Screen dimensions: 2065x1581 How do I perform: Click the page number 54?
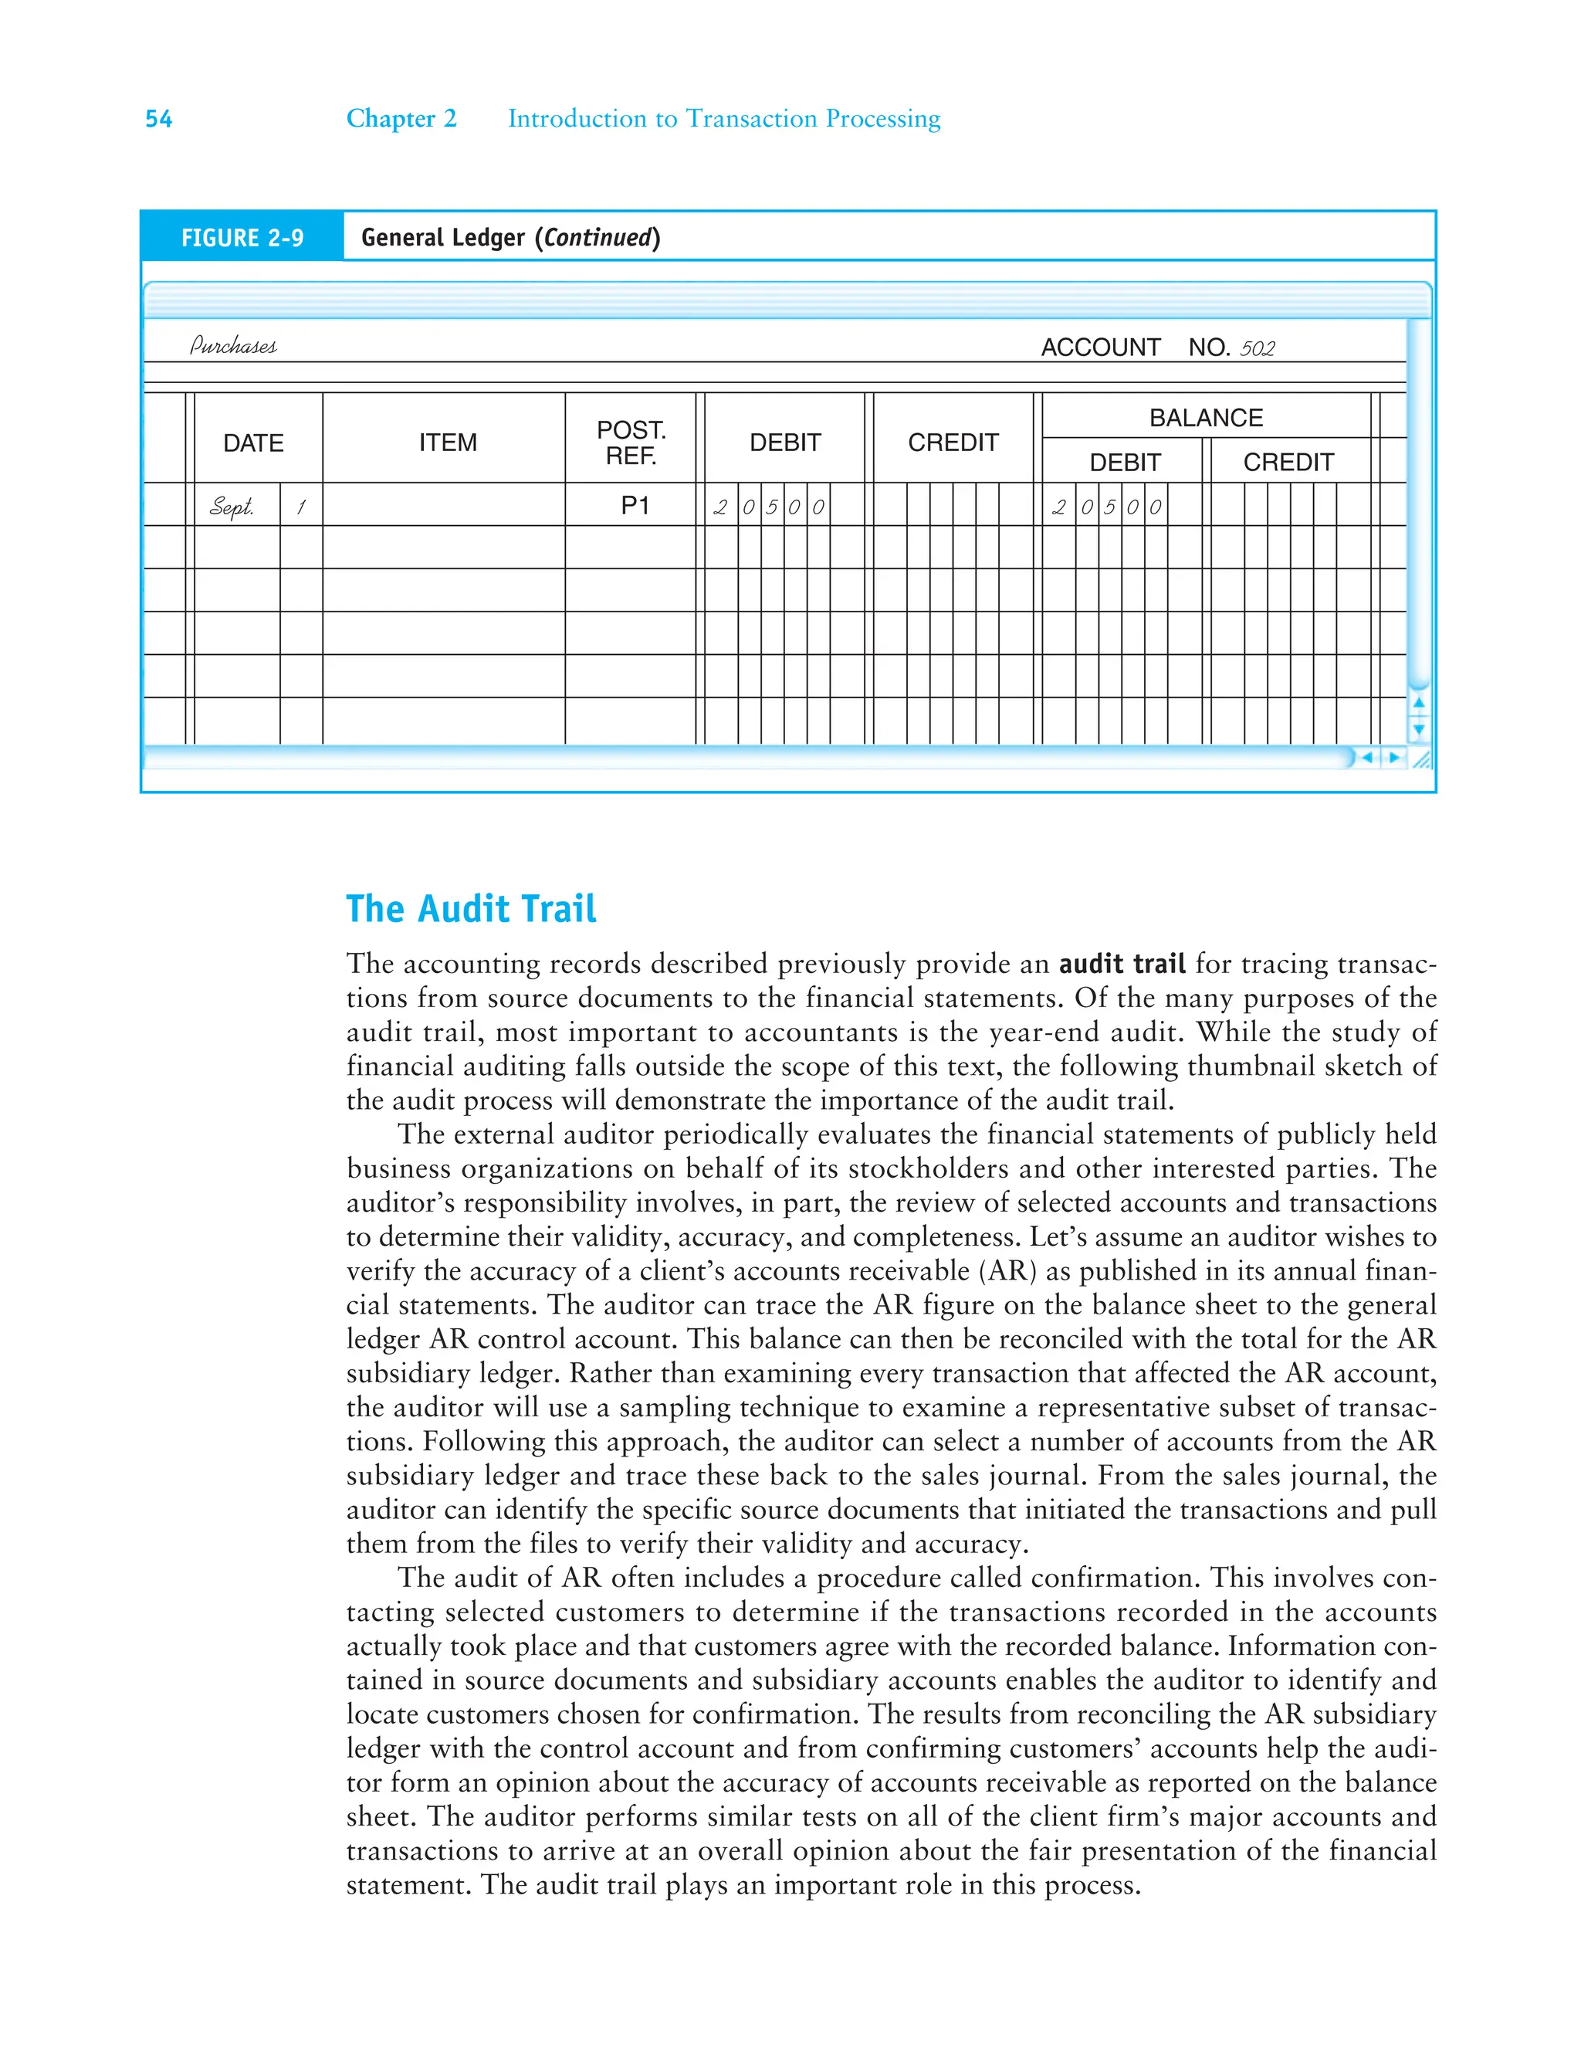(158, 119)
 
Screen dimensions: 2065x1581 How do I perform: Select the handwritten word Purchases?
(233, 345)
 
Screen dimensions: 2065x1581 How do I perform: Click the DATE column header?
(253, 442)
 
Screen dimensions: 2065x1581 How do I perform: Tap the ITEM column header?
(448, 442)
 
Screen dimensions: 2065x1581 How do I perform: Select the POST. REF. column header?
(631, 442)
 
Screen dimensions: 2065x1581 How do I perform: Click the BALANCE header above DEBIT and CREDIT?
(1206, 417)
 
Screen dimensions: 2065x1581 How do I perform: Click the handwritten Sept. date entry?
(232, 507)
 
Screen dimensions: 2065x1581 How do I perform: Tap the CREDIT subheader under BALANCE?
(1288, 462)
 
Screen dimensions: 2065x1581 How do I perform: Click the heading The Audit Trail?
(471, 908)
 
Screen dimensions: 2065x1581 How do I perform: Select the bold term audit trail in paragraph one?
(1122, 964)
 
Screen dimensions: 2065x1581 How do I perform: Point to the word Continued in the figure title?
(598, 237)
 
